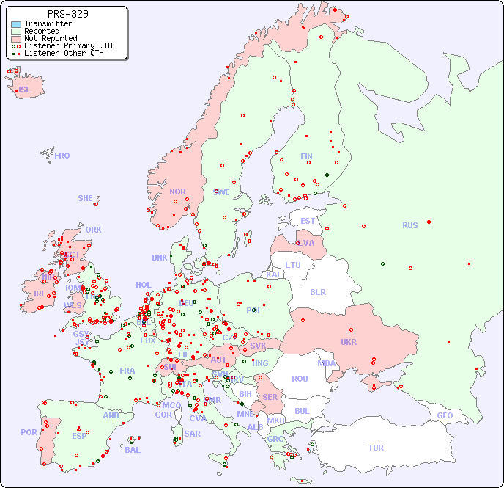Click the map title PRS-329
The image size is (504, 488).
coord(67,14)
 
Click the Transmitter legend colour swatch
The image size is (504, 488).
coord(16,24)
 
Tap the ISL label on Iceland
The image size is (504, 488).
coord(25,90)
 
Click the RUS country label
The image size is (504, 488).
coord(409,225)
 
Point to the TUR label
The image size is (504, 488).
coord(376,448)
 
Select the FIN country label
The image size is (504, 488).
coord(306,156)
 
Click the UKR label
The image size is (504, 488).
coord(348,342)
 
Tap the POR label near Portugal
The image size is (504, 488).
coord(29,432)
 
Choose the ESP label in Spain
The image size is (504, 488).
coord(79,436)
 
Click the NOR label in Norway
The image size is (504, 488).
coord(177,192)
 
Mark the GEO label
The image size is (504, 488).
coord(445,415)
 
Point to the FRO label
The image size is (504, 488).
coord(62,156)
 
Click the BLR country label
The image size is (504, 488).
coord(317,291)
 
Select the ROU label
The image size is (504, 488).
coord(300,379)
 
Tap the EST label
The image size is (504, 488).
coord(308,221)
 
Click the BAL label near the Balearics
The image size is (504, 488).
coord(132,450)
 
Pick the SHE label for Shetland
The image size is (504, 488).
coord(85,198)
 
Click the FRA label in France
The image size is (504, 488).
coord(127,371)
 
